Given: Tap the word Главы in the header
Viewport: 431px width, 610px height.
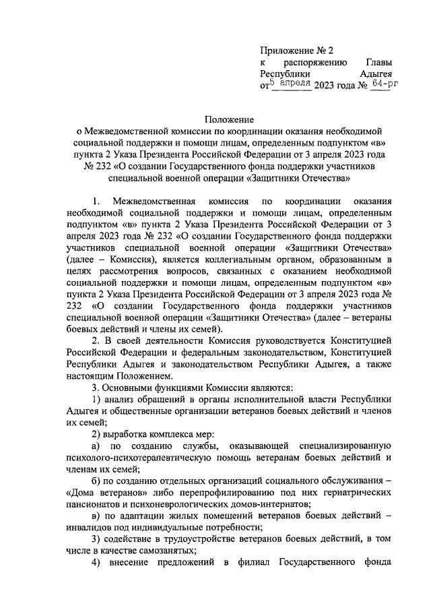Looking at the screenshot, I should pos(378,61).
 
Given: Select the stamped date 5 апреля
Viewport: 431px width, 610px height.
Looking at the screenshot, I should pos(290,84).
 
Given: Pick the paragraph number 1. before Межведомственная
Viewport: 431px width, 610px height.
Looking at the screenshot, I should pos(97,202).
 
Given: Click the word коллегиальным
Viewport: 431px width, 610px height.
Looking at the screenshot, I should pos(210,259).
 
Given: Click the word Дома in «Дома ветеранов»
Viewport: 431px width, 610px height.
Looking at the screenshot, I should pos(83,493).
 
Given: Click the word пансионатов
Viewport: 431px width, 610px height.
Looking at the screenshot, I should pos(95,504).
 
